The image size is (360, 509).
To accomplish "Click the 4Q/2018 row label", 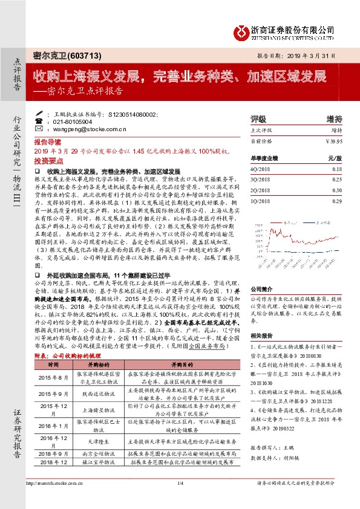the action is click(x=261, y=170).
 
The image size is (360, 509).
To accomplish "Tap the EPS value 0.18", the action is click(x=338, y=170).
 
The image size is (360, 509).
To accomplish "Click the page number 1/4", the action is click(x=180, y=500).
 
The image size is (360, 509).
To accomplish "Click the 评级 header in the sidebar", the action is click(x=258, y=119).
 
